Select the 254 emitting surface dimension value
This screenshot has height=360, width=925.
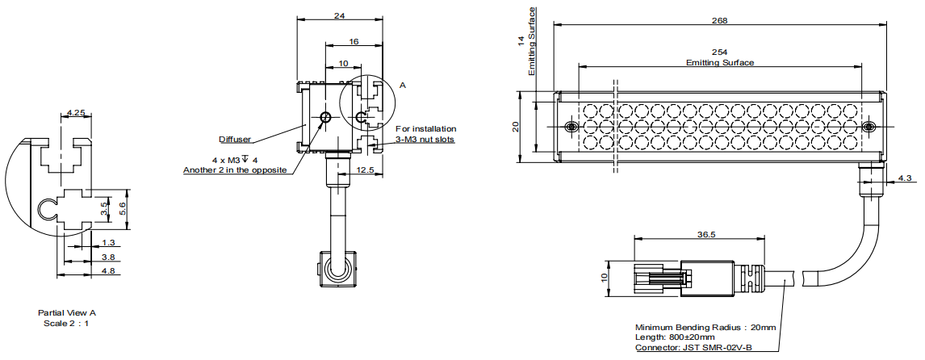tap(719, 52)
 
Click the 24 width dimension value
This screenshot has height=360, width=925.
tap(339, 15)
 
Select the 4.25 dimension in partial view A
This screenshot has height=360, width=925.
tap(77, 112)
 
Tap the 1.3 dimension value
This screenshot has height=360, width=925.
tap(109, 242)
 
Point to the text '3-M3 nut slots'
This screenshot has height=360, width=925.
tap(425, 139)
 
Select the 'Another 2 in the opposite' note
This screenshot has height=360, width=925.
tap(235, 170)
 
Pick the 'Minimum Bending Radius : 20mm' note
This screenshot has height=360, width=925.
tap(705, 327)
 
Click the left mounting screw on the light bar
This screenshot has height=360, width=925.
tap(571, 128)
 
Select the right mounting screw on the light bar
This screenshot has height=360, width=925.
tap(868, 128)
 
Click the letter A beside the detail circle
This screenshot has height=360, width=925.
tap(403, 84)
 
